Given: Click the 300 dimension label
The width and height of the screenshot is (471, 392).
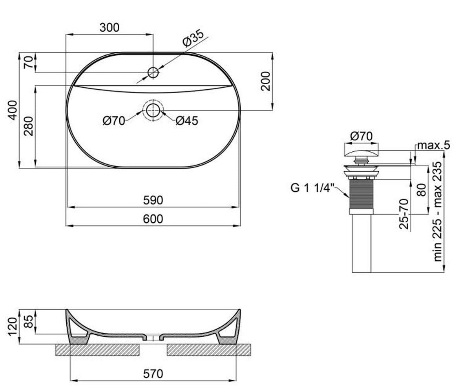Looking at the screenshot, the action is [x=110, y=27].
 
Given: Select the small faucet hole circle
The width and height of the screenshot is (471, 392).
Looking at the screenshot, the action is [x=153, y=73].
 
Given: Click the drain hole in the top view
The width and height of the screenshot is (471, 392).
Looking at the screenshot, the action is [x=153, y=110].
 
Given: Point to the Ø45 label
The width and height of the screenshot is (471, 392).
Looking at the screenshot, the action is [x=187, y=121].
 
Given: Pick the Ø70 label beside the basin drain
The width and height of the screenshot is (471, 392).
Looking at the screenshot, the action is [x=114, y=121].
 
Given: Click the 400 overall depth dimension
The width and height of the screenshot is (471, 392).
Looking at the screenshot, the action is [x=13, y=110].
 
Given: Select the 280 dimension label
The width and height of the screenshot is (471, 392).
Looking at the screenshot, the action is [x=29, y=126].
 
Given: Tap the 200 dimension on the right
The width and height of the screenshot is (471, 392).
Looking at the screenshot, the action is [x=265, y=81].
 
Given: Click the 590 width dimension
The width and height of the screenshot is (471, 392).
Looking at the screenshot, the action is [x=153, y=200].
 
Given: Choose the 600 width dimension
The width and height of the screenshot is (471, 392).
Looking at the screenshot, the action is [x=153, y=219].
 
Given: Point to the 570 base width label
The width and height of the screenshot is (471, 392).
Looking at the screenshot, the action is [x=153, y=374].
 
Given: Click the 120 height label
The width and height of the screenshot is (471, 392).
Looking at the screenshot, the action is [x=13, y=327].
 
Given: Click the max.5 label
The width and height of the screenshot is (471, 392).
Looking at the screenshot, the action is [x=434, y=145].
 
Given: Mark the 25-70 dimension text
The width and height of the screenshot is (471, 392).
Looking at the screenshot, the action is [x=404, y=214].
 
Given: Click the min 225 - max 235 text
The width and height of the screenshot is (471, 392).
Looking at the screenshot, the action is [x=438, y=212].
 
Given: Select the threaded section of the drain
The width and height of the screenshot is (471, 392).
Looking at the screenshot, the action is [x=361, y=194].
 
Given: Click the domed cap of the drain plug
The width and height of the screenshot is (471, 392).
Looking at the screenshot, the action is [x=361, y=153].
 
